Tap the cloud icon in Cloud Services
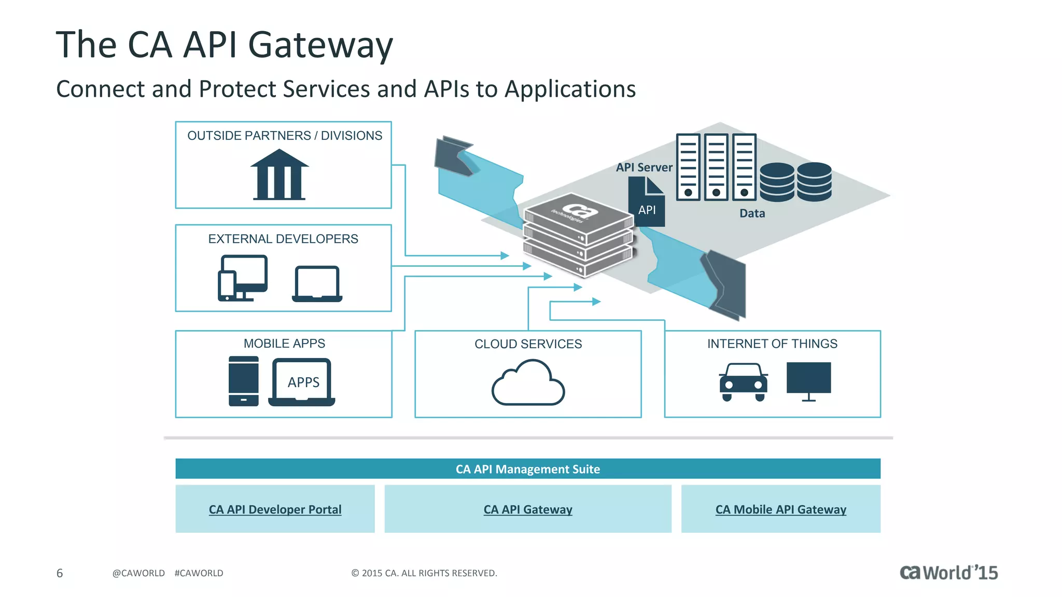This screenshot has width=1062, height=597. tap(528, 383)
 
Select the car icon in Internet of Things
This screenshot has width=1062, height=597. tap(743, 382)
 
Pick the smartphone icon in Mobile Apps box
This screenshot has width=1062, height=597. tap(243, 381)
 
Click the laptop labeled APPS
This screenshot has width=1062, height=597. tap(302, 382)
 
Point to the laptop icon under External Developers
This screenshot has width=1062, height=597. tap(317, 283)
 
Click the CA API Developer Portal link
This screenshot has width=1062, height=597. tap(275, 509)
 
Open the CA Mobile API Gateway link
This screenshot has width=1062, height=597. tap(780, 509)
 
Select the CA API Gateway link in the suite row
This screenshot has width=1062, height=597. tap(528, 509)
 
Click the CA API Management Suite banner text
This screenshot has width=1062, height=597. tap(528, 469)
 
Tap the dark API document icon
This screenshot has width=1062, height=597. tap(646, 203)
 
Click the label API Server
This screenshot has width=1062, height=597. tap(644, 167)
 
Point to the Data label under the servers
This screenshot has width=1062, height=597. tap(752, 213)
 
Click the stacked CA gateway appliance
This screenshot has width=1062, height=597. tap(578, 235)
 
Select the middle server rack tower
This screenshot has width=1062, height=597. tap(716, 167)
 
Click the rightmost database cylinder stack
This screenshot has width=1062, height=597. tap(814, 181)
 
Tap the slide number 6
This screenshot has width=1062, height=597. tap(60, 573)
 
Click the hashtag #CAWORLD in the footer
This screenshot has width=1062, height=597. tap(199, 573)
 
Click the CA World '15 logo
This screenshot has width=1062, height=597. tap(948, 573)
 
